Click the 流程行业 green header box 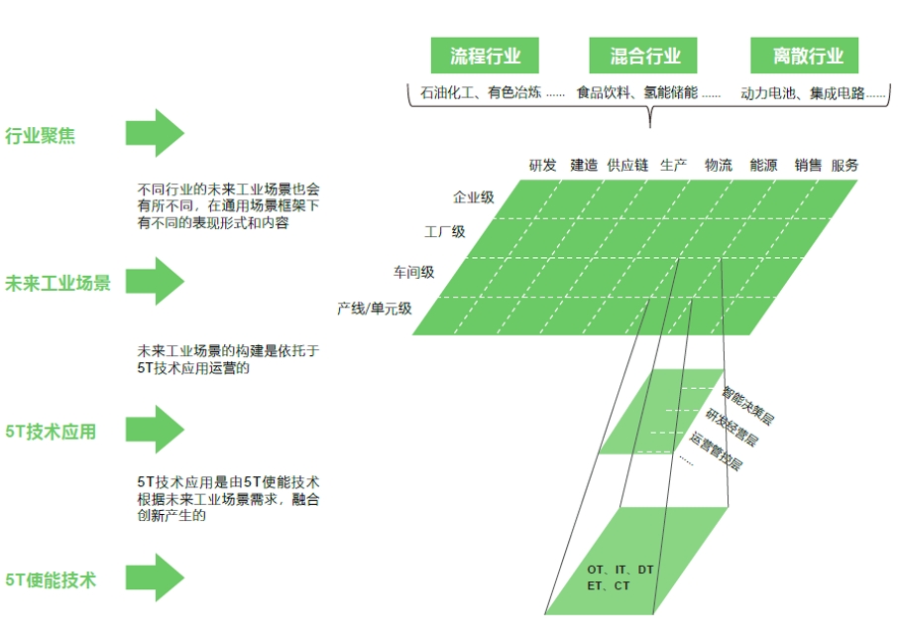coord(485,56)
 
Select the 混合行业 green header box coord(645,56)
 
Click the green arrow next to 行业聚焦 coord(155,133)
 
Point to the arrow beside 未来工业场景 coord(155,281)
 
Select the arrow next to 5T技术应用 coord(155,430)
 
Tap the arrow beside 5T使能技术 coord(155,577)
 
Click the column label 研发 coord(542,166)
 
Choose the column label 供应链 coord(627,166)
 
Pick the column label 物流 coord(719,166)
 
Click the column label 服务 coord(845,166)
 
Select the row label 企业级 coord(473,197)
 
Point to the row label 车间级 coord(413,271)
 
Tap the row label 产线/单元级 coord(374,309)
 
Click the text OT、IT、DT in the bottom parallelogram coord(619,570)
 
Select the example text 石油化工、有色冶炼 coord(481,93)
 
